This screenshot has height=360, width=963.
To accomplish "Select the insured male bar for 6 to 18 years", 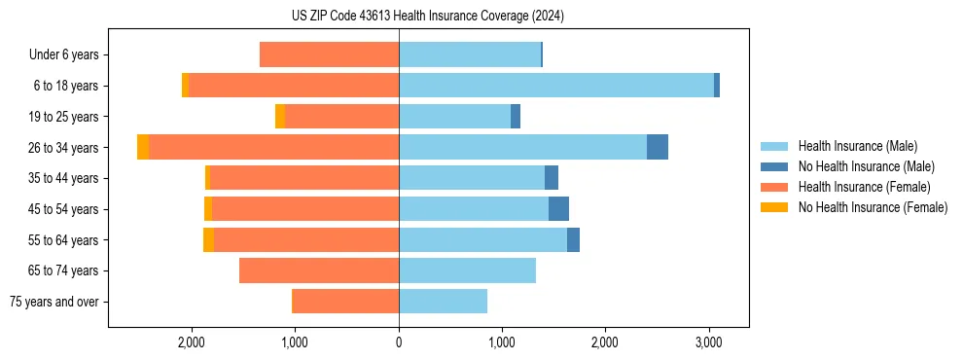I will click(x=555, y=86).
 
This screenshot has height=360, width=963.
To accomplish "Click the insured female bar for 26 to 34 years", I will click(x=273, y=147).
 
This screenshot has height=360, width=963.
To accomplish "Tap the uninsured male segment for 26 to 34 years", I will click(x=658, y=147).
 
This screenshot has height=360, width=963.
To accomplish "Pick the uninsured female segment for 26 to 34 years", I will click(x=143, y=147).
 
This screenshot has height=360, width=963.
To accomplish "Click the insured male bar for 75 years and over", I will click(x=443, y=302).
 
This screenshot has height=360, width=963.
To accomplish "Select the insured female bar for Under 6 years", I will click(x=329, y=54).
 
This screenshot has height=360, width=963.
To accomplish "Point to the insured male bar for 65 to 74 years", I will click(x=467, y=270).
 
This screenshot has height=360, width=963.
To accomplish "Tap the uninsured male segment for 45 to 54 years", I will click(x=558, y=209).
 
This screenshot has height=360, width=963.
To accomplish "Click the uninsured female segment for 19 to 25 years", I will click(x=280, y=117).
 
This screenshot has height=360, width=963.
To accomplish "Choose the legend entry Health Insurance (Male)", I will click(x=856, y=146).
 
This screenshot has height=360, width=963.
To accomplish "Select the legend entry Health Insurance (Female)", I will click(x=864, y=187).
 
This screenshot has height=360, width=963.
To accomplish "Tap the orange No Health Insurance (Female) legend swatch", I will click(x=774, y=207).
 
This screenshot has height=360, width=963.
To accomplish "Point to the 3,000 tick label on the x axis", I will click(x=708, y=342).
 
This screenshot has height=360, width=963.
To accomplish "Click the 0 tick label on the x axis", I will click(x=399, y=342).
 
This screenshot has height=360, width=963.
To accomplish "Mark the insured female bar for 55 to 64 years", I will click(x=306, y=239).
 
